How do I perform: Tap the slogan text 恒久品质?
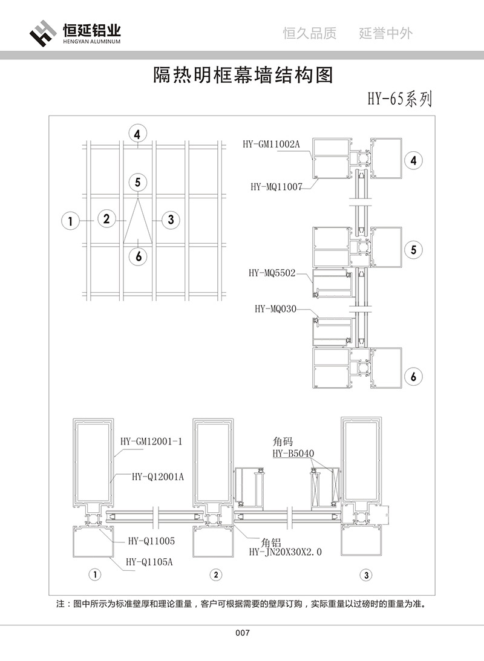point(310,33)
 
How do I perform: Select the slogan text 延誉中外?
point(386,33)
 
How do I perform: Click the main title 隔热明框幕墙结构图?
point(242,75)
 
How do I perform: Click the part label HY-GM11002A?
point(271,144)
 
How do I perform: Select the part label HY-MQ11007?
point(276,187)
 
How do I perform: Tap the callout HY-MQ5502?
point(272,273)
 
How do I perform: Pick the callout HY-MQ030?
point(275,309)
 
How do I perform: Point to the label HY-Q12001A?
point(157,477)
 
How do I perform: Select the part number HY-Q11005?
point(151,541)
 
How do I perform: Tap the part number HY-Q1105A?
point(149,562)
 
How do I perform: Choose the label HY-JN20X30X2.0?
point(286,552)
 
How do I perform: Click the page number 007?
point(242,633)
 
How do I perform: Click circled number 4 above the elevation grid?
point(138,134)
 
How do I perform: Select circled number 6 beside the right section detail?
point(413,376)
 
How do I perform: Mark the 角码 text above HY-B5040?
point(283,442)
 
